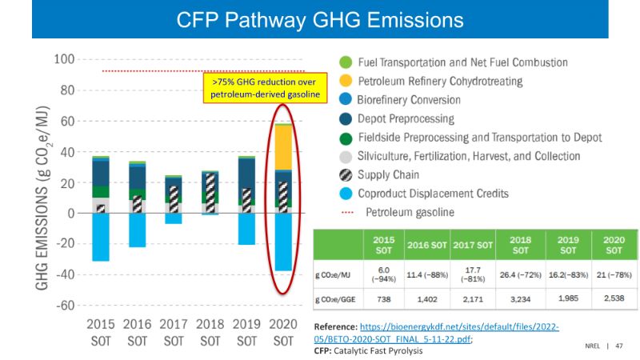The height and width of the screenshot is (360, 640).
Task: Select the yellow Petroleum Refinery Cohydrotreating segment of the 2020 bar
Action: (x=283, y=147)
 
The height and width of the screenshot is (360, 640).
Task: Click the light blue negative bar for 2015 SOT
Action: (x=101, y=237)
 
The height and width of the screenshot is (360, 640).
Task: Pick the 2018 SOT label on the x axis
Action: (x=210, y=333)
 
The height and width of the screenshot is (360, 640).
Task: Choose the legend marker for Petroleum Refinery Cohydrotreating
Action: (x=346, y=82)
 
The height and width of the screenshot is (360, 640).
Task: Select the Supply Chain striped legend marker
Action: (x=346, y=174)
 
